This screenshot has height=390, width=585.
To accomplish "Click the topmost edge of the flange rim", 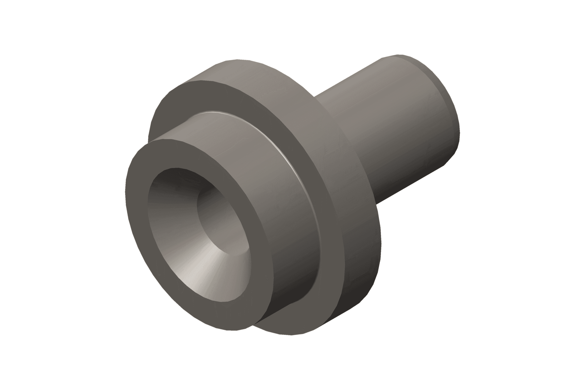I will point(238,60).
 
